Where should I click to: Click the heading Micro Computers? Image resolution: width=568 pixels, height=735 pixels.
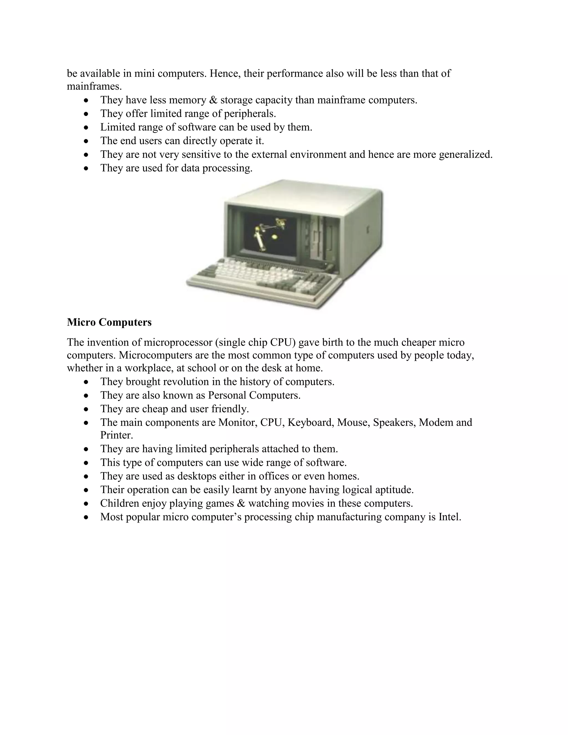point(109,322)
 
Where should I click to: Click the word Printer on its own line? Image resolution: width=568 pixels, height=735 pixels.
point(116,435)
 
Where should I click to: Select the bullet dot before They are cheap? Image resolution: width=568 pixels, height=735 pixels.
point(87,409)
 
